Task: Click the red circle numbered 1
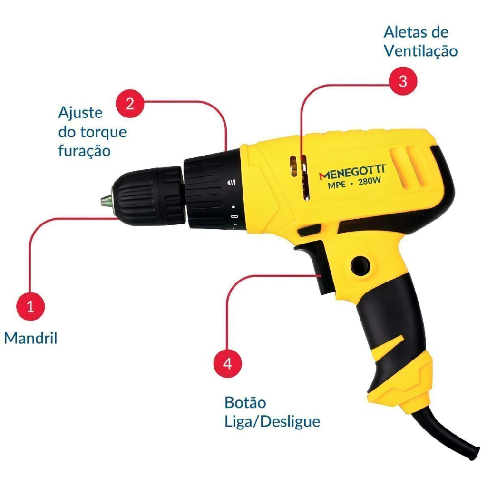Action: pyautogui.click(x=30, y=306)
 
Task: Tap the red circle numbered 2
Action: pyautogui.click(x=130, y=103)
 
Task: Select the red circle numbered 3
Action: pyautogui.click(x=403, y=81)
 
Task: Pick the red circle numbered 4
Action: pyautogui.click(x=227, y=363)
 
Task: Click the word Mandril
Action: pyautogui.click(x=30, y=338)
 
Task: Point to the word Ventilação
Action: pyautogui.click(x=421, y=51)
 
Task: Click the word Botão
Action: pyautogui.click(x=245, y=402)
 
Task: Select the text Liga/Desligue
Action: pyautogui.click(x=272, y=422)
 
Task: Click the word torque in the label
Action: pyautogui.click(x=103, y=132)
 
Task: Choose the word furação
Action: pyautogui.click(x=85, y=151)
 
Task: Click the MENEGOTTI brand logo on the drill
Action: pyautogui.click(x=352, y=172)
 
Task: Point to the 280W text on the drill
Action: pyautogui.click(x=369, y=181)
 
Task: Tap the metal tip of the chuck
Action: pyautogui.click(x=107, y=201)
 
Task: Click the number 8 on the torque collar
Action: pyautogui.click(x=234, y=216)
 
